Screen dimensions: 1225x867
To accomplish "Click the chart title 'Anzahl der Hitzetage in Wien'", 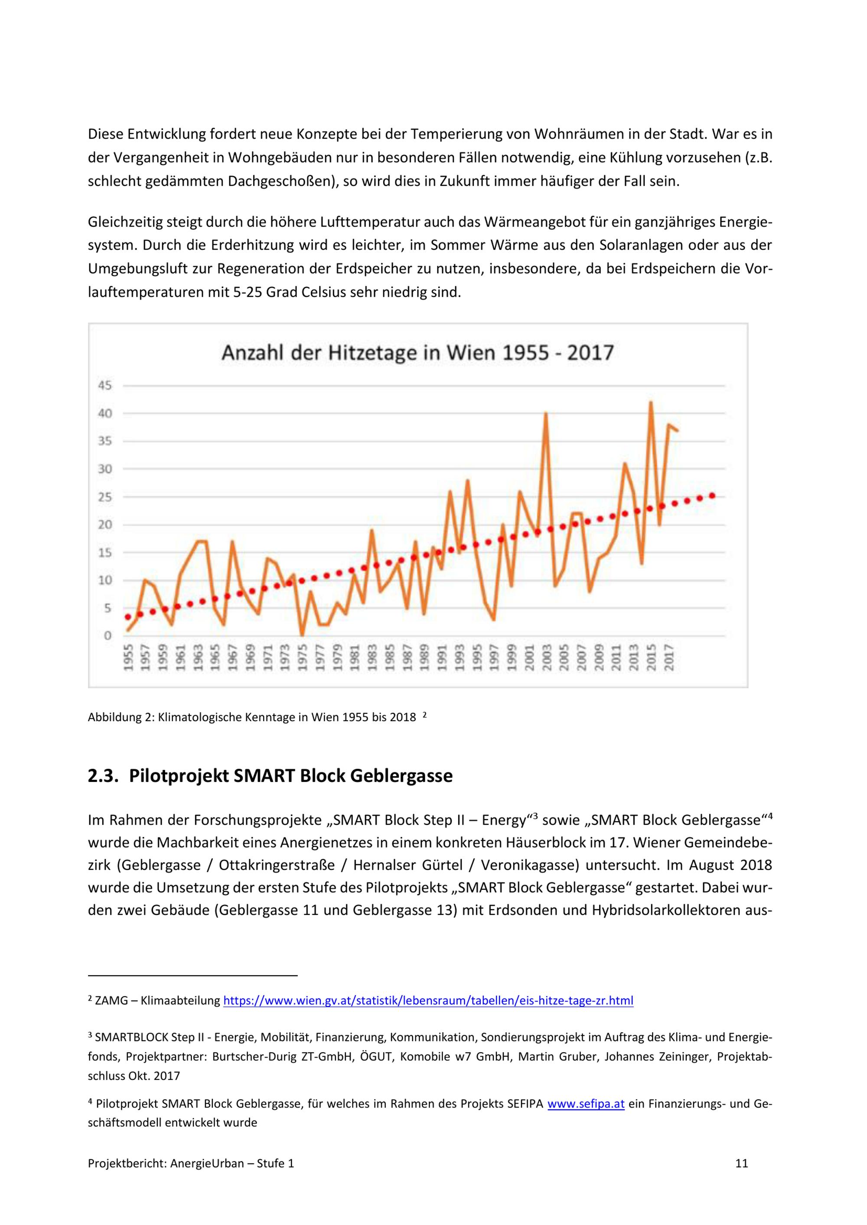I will point(417,353).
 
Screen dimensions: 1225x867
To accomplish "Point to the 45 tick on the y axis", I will point(104,385).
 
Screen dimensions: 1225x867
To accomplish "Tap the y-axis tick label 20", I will point(104,525).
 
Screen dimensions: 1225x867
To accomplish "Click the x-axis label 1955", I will point(128,657).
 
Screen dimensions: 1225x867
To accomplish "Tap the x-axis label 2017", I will point(669,657).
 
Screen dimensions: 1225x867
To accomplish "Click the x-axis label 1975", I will point(303,657).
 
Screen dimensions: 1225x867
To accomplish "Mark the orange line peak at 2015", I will point(651,402).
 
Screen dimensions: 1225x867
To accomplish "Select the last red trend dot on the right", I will point(712,496).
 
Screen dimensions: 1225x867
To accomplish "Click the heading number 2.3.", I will point(102,776).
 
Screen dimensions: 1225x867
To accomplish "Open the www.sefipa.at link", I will point(586,1103).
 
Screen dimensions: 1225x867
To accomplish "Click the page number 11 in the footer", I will point(742,1163).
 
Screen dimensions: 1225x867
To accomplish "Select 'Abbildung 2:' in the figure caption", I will point(121,717).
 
